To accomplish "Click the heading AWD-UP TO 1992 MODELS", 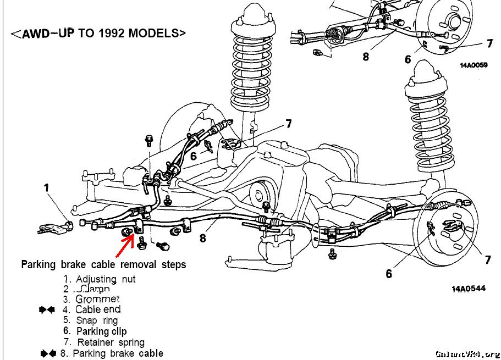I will coord(98,33).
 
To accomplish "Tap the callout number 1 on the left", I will coord(47,188).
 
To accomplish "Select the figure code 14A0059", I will coord(474,65).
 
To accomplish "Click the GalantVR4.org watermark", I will coord(467,354).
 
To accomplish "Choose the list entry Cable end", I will coord(97,309).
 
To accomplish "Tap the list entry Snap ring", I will coord(97,320).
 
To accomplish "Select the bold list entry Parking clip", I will coord(101,331).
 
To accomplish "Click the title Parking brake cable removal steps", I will coord(103,264).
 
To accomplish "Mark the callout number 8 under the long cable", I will coord(203,239).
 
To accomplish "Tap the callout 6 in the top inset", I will coord(408,59).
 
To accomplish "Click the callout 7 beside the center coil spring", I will coord(288,124).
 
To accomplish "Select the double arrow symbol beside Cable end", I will coord(47,310).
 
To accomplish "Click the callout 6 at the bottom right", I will coord(389,273).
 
